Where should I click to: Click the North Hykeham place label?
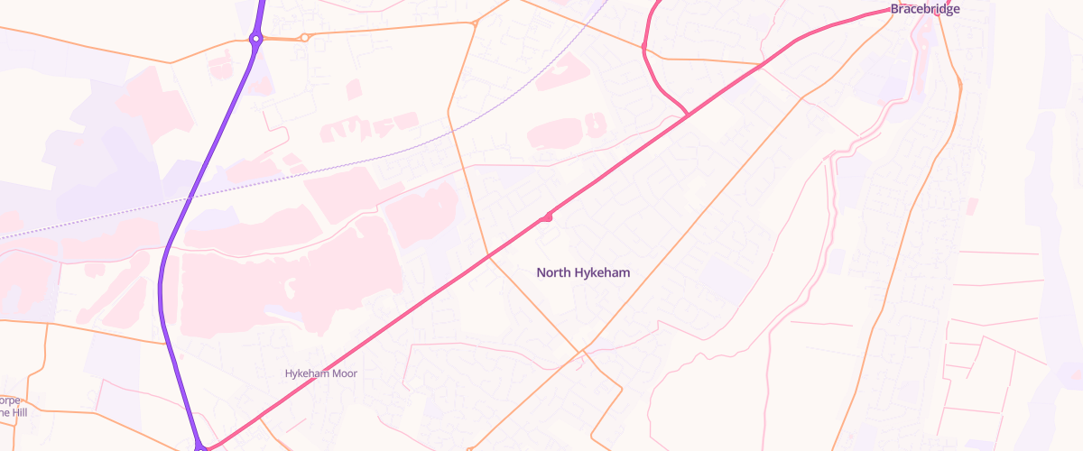[x=583, y=272]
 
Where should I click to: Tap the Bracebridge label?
[x=925, y=9]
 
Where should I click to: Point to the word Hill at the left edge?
[x=8, y=412]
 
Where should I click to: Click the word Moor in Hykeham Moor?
[x=343, y=373]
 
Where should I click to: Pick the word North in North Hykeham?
[x=553, y=272]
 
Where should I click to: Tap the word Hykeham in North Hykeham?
[x=601, y=272]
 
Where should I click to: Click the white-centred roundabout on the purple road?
[x=256, y=39]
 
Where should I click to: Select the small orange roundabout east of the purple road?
[x=305, y=38]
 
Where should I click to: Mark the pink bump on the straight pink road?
[x=547, y=217]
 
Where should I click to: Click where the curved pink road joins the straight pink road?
[x=689, y=115]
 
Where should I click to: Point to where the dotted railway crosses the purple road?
[x=190, y=197]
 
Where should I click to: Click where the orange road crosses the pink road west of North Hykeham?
[x=489, y=256]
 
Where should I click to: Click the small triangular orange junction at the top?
[x=474, y=23]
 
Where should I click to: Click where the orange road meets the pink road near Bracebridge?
[x=761, y=65]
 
